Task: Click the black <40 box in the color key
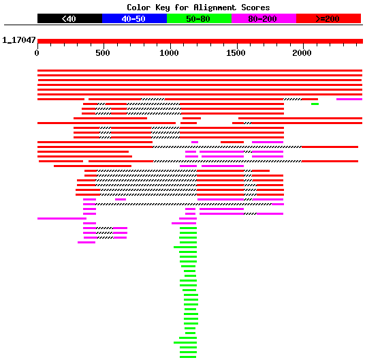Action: coord(69,18)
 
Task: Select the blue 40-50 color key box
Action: coord(134,18)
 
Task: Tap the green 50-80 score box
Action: coord(199,18)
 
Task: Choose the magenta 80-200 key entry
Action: coord(264,18)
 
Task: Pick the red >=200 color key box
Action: coord(328,18)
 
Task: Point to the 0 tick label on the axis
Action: coord(37,53)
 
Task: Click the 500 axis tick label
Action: coord(103,53)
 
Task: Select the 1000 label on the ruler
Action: coord(169,53)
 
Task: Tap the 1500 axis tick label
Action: coord(236,53)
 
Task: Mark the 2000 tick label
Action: coord(302,53)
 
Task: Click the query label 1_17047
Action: coord(19,40)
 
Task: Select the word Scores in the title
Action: coord(255,7)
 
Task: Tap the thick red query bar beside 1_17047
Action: coord(200,41)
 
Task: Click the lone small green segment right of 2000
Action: coord(315,104)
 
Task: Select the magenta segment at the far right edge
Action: coord(349,100)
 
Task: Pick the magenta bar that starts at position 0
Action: coord(62,219)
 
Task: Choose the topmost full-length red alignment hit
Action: coord(200,71)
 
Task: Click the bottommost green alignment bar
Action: coord(188,357)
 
